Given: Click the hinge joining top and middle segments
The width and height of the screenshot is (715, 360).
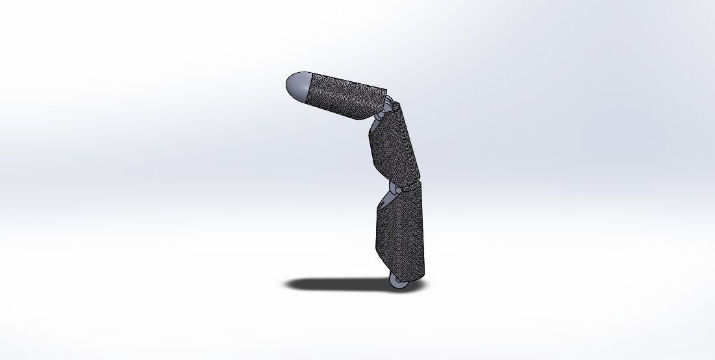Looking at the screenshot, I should coord(383,112).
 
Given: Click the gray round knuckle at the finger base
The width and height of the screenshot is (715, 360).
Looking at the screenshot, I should coord(398,282).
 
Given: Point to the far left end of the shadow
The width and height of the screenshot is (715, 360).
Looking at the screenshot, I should coord(286,284).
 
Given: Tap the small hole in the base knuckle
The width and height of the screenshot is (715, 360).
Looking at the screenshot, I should coord(396,280).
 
